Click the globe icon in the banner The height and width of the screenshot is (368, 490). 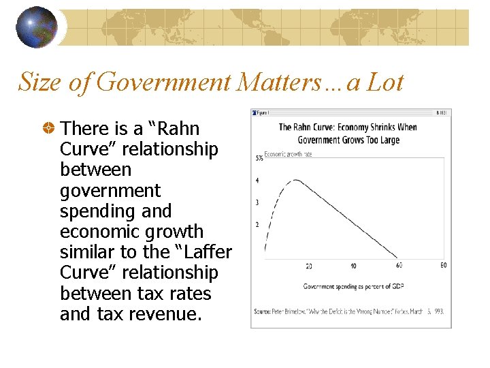tap(37, 27)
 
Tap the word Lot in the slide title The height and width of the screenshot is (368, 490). tap(385, 82)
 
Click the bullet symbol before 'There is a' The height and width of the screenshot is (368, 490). tap(49, 128)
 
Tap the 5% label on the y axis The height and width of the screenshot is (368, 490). tap(259, 158)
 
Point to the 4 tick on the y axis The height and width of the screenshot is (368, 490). tap(257, 181)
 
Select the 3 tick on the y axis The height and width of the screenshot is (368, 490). tap(257, 202)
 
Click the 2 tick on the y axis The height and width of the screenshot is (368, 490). tap(257, 224)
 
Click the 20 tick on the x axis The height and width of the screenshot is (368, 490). tap(309, 265)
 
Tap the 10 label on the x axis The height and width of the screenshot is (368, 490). tap(353, 265)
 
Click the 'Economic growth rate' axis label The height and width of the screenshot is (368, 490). tap(288, 154)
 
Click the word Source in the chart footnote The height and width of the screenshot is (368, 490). tap(263, 311)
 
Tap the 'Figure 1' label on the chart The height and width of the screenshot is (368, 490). tap(262, 112)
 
